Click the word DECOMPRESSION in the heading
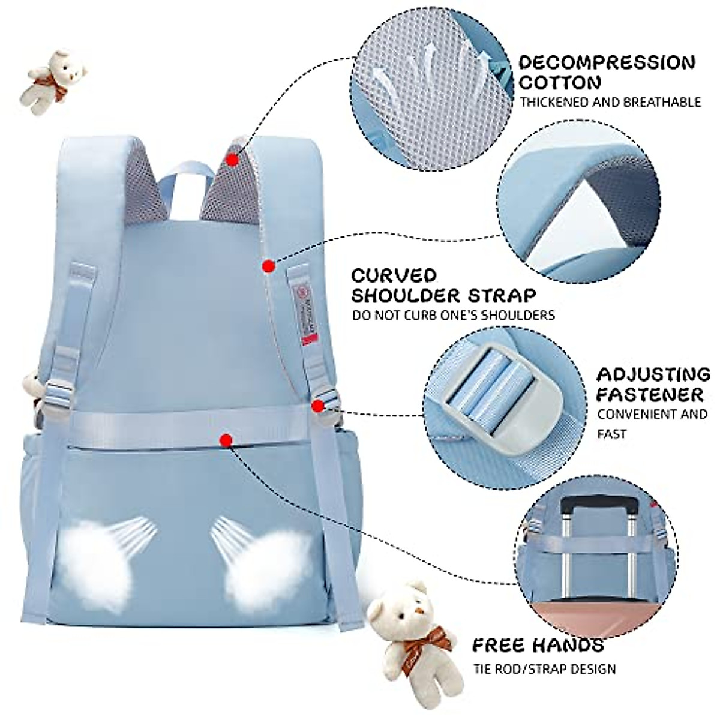[x=607, y=62]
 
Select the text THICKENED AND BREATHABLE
[x=610, y=102]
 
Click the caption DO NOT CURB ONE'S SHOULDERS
[x=454, y=315]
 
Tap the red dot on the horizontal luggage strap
[x=226, y=441]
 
